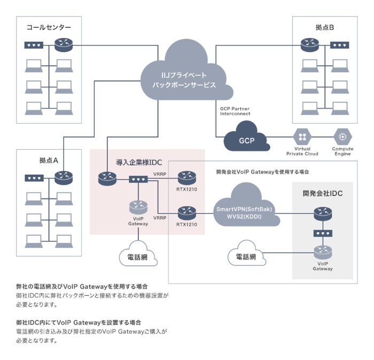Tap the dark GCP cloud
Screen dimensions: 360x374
[x=245, y=140]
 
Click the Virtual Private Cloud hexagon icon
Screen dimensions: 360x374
[x=302, y=136]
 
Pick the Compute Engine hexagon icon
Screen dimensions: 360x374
[x=342, y=136]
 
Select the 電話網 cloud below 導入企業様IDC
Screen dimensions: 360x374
[x=138, y=256]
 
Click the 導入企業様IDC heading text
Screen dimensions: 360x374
[x=138, y=162]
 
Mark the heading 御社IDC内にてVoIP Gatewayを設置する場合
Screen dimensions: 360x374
[x=79, y=323]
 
